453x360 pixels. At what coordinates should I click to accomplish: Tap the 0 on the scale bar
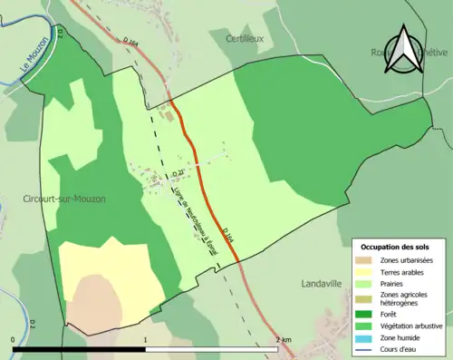[x=13, y=341]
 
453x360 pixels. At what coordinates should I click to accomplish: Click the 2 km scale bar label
[x=283, y=341]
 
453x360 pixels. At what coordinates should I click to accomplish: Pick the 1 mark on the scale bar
[x=145, y=341]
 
